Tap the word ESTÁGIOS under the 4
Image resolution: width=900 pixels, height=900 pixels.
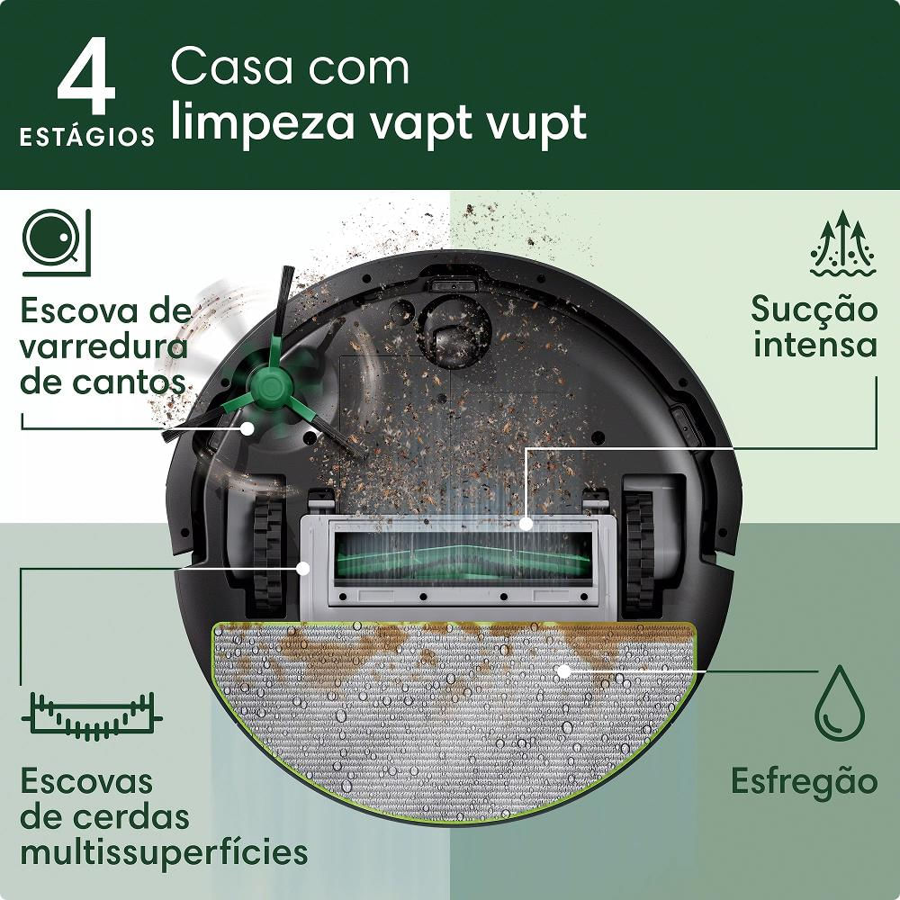coord(86,138)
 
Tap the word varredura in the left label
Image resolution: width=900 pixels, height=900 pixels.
coord(103,346)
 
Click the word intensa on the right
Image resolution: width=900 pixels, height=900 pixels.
coord(815,345)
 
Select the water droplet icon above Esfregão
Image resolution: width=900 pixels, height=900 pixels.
coord(840,702)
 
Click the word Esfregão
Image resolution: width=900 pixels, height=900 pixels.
coord(803,780)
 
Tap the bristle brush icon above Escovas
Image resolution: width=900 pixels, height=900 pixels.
coord(91,715)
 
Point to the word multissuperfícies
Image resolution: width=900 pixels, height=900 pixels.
coord(164,851)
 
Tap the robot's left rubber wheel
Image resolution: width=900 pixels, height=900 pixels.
coord(268,548)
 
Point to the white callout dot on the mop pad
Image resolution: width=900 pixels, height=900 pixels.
coord(563,670)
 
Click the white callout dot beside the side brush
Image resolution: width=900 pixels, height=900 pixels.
coord(247,429)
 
